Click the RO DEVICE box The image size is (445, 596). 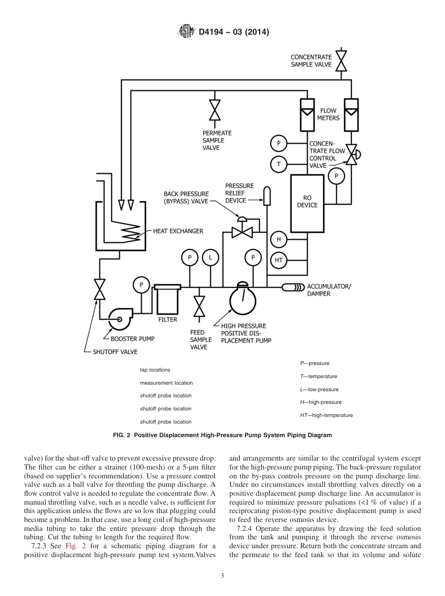click(307, 201)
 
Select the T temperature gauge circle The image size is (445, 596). click(279, 164)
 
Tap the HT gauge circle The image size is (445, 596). click(279, 260)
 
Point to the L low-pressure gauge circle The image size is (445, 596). click(210, 257)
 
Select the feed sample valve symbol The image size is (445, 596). click(200, 307)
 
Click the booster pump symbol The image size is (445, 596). click(120, 320)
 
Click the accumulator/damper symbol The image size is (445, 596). click(293, 287)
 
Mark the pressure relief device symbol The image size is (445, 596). click(267, 196)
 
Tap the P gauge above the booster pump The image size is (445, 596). click(141, 284)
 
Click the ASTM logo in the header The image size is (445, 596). click(186, 32)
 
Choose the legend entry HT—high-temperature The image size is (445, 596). click(326, 415)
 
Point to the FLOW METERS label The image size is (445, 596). click(328, 114)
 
